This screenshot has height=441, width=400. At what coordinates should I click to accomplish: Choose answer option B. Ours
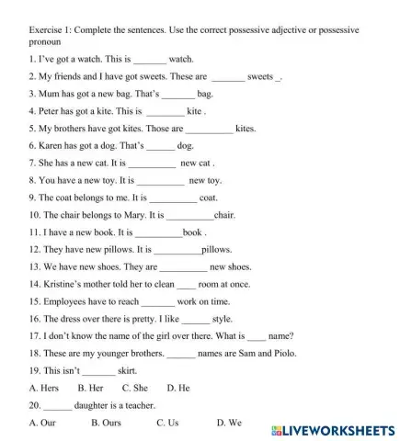click(107, 423)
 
